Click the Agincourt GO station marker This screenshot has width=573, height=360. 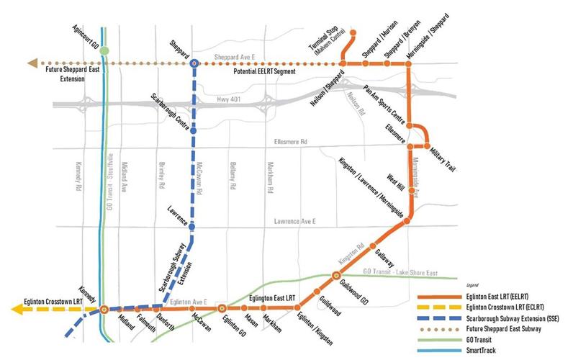pyautogui.click(x=105, y=50)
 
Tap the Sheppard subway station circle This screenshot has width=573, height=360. pyautogui.click(x=194, y=63)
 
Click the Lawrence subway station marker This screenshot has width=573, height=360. pyautogui.click(x=191, y=228)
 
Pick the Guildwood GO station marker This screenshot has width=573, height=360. pyautogui.click(x=335, y=276)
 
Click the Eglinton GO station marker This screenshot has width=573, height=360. pyautogui.click(x=222, y=308)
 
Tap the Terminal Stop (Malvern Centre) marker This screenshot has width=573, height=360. pyautogui.click(x=354, y=32)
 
